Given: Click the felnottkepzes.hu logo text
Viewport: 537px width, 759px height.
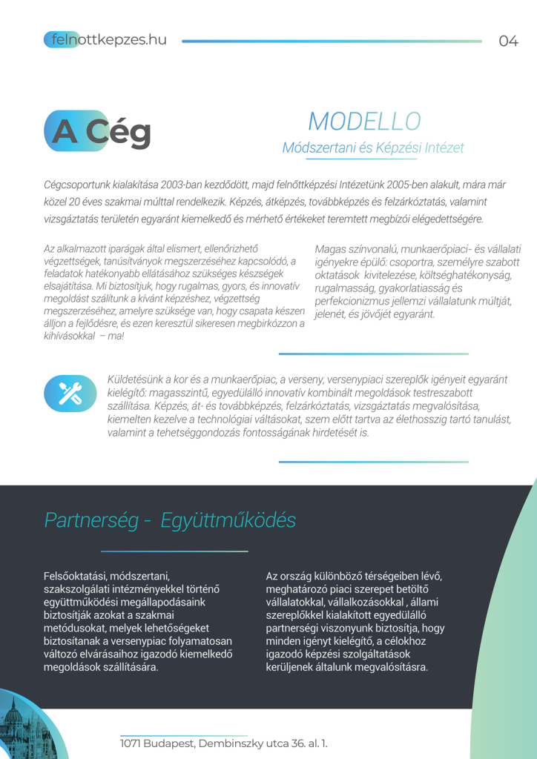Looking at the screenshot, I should click(x=105, y=40).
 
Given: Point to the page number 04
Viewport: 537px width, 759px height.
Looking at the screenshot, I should click(x=508, y=41).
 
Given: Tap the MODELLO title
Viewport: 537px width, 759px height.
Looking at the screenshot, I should click(x=364, y=122).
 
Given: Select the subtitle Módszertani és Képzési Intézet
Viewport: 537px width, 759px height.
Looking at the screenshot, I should click(x=372, y=148).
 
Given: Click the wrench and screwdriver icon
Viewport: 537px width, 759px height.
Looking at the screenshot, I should click(x=70, y=393).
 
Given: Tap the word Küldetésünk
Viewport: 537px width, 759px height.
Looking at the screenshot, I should click(x=138, y=379).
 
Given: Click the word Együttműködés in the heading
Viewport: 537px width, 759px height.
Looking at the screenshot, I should click(x=228, y=520).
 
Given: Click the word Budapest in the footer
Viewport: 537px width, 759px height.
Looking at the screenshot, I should click(x=173, y=743).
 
